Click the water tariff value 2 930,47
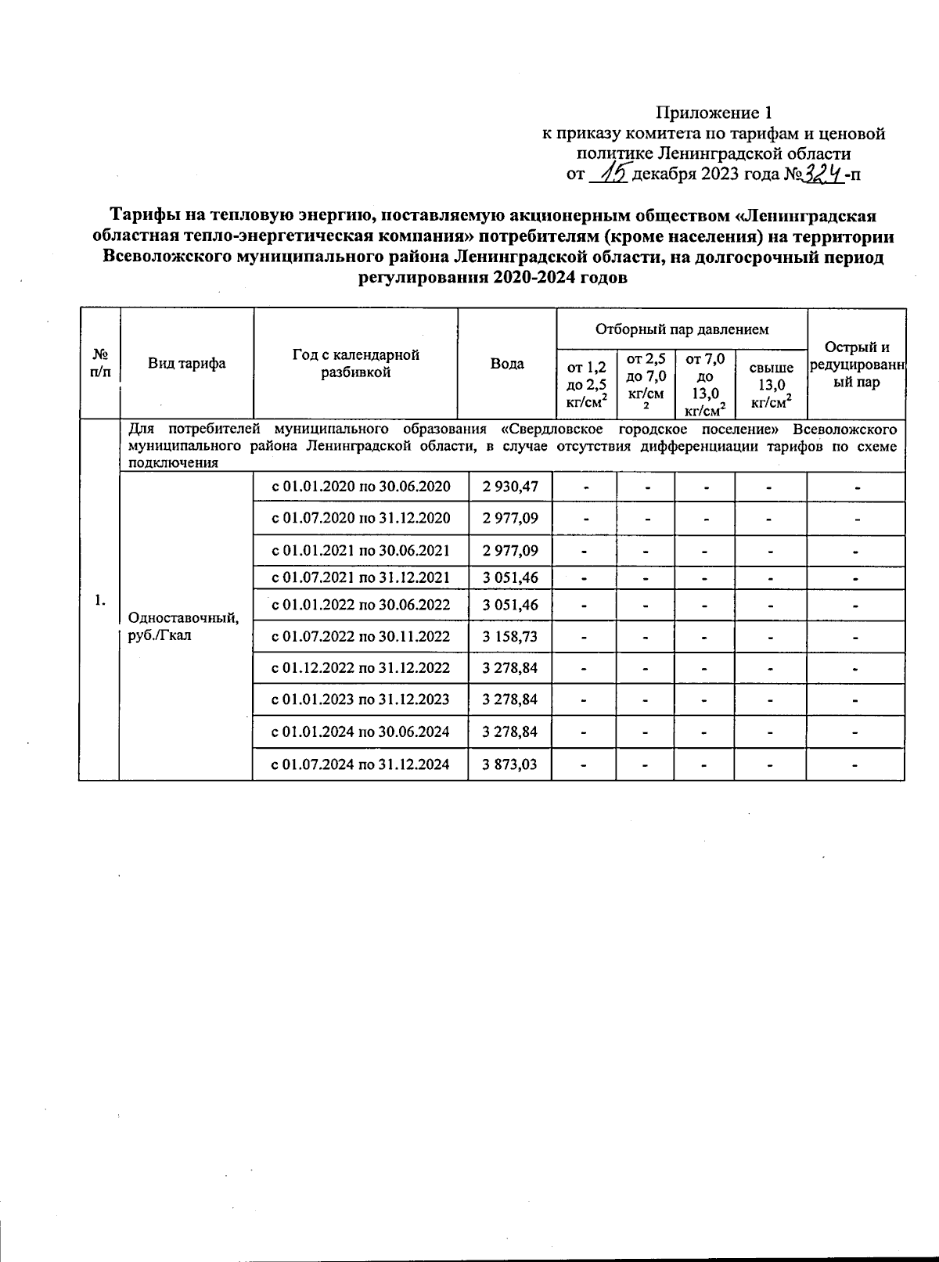pyautogui.click(x=510, y=487)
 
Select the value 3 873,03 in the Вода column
pyautogui.click(x=510, y=764)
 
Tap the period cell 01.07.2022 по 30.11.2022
pyautogui.click(x=361, y=637)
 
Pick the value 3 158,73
pyautogui.click(x=510, y=637)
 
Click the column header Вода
pyautogui.click(x=507, y=364)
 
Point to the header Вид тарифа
pyautogui.click(x=187, y=364)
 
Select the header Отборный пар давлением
pyautogui.click(x=682, y=329)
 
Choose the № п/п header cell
pyautogui.click(x=99, y=364)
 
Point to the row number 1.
pyautogui.click(x=99, y=600)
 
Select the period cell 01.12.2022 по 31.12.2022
pyautogui.click(x=361, y=668)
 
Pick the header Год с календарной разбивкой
pyautogui.click(x=356, y=364)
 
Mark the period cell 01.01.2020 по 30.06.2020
pyautogui.click(x=361, y=487)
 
